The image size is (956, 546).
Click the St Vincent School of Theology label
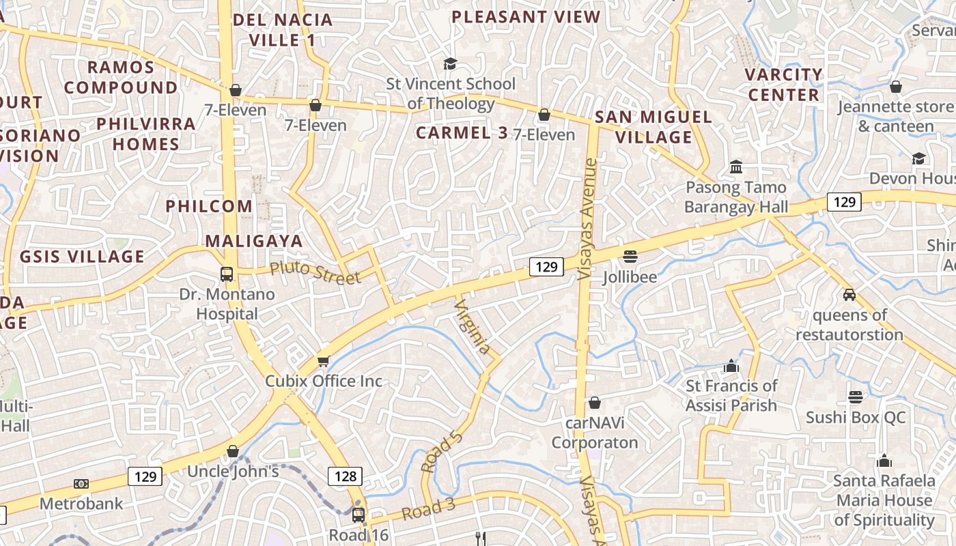pos(451,94)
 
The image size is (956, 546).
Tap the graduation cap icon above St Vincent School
pos(450,64)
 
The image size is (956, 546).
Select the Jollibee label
pos(630,277)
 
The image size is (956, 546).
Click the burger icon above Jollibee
pos(630,257)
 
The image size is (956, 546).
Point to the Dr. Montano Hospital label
pos(227,304)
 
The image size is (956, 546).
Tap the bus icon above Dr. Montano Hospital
pos(227,274)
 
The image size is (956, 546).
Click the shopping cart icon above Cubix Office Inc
pos(323,361)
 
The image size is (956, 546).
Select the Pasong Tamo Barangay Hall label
pos(736,197)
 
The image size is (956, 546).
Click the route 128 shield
pos(345,476)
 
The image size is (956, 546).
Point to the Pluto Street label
pos(315,272)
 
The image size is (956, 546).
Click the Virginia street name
pos(472,326)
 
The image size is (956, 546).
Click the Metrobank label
pos(81,504)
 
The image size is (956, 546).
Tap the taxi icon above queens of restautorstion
pos(849,295)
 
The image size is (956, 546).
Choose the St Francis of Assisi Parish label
pos(731,395)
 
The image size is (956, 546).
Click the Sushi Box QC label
pos(856,417)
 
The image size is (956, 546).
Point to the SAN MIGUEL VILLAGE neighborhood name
pos(653,127)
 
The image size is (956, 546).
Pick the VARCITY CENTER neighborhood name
pos(783,84)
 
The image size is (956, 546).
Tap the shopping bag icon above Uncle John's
pos(233,451)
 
